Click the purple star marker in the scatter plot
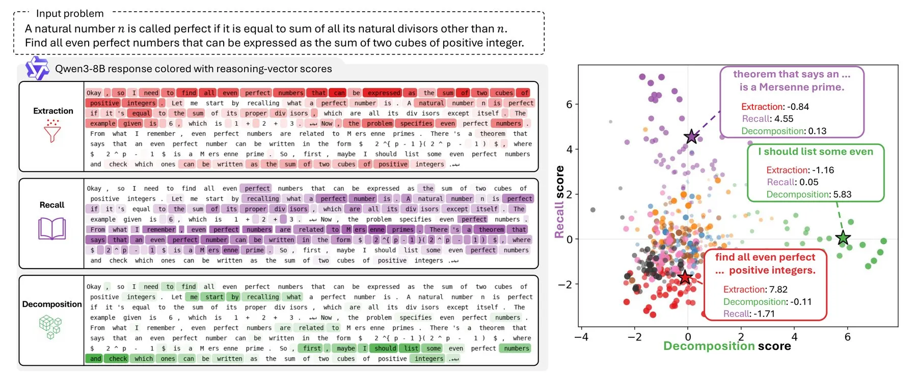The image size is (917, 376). (691, 136)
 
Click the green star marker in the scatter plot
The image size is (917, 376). (843, 238)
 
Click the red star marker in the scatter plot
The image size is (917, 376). (685, 277)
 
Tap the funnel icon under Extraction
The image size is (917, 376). (52, 131)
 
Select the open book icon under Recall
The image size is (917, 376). (52, 228)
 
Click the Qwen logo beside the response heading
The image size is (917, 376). (37, 68)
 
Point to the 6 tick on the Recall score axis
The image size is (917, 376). (569, 104)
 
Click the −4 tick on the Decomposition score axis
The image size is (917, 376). (581, 337)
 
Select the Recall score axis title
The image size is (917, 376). (559, 201)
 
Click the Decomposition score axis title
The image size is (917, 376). (727, 346)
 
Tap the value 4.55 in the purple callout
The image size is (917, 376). (784, 119)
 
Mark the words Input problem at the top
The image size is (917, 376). (70, 13)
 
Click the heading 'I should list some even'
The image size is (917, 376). (816, 152)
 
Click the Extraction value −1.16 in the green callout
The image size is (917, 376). (823, 170)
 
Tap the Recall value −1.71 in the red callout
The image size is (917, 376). (764, 314)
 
